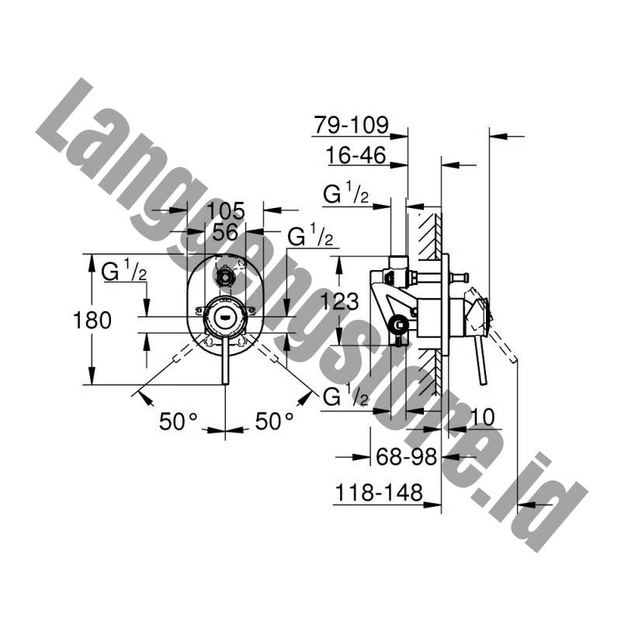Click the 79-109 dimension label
click(352, 125)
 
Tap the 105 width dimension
click(226, 210)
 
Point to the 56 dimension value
click(225, 231)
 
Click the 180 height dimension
click(92, 320)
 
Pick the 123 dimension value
click(339, 301)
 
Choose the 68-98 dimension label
click(406, 456)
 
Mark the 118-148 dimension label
click(379, 493)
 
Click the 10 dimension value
click(483, 417)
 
